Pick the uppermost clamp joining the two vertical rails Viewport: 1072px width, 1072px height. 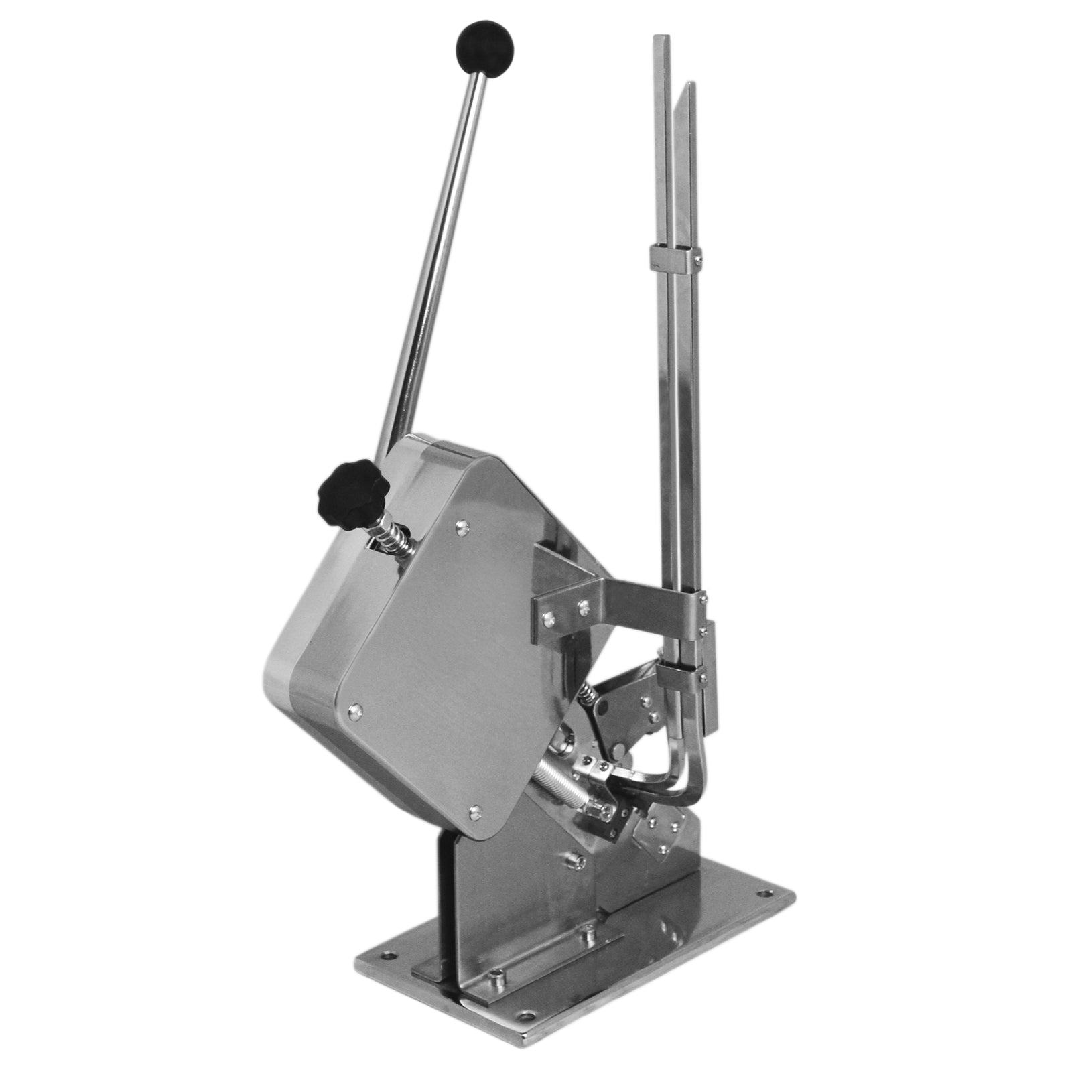pyautogui.click(x=675, y=255)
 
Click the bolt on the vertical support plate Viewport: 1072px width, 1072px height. pyautogui.click(x=573, y=860)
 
